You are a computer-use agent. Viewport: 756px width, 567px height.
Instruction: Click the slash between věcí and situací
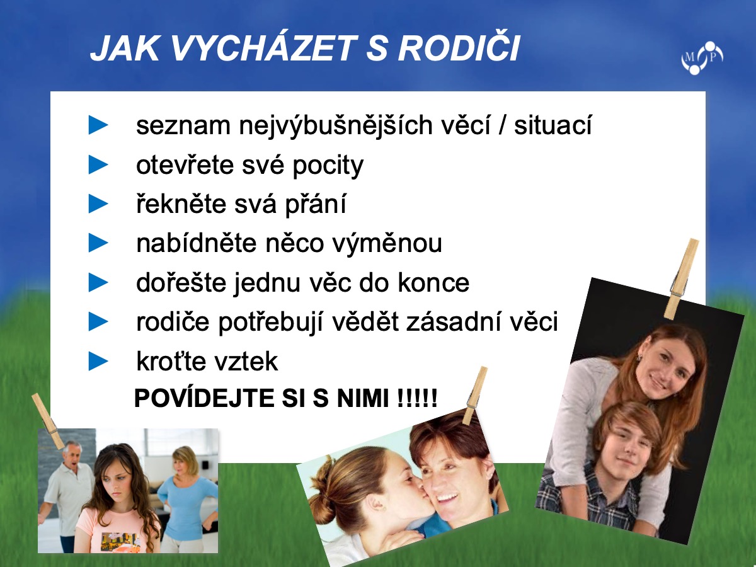pos(502,125)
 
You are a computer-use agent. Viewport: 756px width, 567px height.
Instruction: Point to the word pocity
pos(328,166)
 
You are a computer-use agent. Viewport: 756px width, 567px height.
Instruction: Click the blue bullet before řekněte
pos(98,203)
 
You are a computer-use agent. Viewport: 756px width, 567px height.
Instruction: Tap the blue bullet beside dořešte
pos(98,283)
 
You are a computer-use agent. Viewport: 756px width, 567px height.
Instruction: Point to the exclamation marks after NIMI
pos(417,398)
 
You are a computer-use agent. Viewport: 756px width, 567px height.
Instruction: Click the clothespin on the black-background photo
pos(683,280)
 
